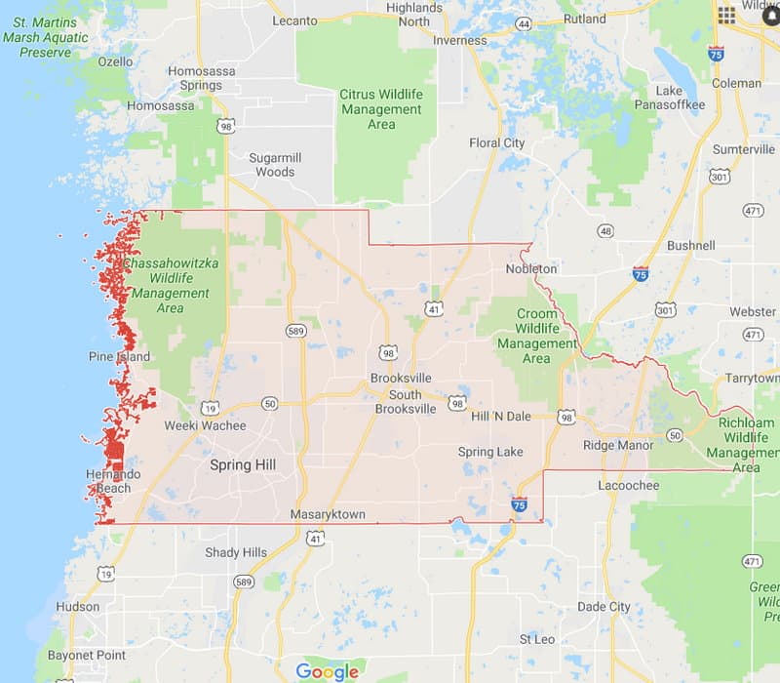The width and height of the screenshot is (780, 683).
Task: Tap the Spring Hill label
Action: tap(243, 465)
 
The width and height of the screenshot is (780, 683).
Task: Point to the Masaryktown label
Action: tap(327, 514)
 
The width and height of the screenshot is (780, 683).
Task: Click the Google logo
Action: tap(328, 671)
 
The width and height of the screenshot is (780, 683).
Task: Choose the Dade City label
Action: tap(604, 606)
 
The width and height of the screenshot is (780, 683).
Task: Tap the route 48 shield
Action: tap(606, 231)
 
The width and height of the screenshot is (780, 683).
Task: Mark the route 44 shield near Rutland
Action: tap(524, 22)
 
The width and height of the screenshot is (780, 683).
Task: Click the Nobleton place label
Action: tap(531, 269)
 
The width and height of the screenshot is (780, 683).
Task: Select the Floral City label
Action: tap(497, 143)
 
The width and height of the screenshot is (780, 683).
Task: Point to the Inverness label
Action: tap(459, 41)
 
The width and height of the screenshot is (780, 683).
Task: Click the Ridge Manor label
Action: tap(618, 445)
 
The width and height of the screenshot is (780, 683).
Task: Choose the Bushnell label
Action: tap(691, 246)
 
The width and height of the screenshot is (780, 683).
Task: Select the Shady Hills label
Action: tap(236, 552)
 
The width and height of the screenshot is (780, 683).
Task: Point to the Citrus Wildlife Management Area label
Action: tap(381, 109)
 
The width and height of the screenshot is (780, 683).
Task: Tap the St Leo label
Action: tap(537, 639)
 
